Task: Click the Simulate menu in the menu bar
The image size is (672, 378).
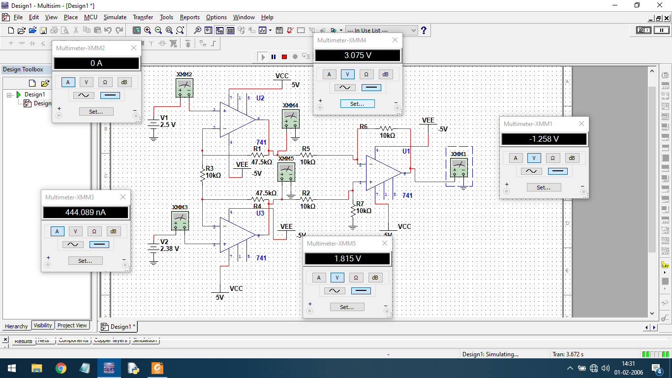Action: pyautogui.click(x=115, y=17)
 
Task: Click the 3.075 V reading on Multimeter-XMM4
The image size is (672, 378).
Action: pyautogui.click(x=358, y=56)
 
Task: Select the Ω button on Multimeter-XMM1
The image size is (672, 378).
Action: pyautogui.click(x=552, y=158)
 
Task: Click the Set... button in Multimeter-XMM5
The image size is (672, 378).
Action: pyautogui.click(x=347, y=307)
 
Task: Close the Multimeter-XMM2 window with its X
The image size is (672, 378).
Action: pyautogui.click(x=134, y=48)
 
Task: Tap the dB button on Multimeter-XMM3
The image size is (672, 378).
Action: pyautogui.click(x=113, y=231)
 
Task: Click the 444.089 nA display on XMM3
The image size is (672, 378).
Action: pyautogui.click(x=86, y=213)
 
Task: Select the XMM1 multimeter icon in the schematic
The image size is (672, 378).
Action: pyautogui.click(x=459, y=167)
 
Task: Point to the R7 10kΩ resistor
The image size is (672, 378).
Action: pyautogui.click(x=353, y=211)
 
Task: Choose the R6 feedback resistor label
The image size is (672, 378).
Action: pyautogui.click(x=364, y=126)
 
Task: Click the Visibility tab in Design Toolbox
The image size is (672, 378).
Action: pyautogui.click(x=43, y=325)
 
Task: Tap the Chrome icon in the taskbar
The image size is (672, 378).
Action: pyautogui.click(x=61, y=368)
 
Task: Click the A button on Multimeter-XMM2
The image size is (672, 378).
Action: pyautogui.click(x=68, y=82)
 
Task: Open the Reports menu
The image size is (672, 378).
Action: pyautogui.click(x=189, y=17)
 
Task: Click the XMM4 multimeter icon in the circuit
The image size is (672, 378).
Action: pyautogui.click(x=290, y=118)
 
